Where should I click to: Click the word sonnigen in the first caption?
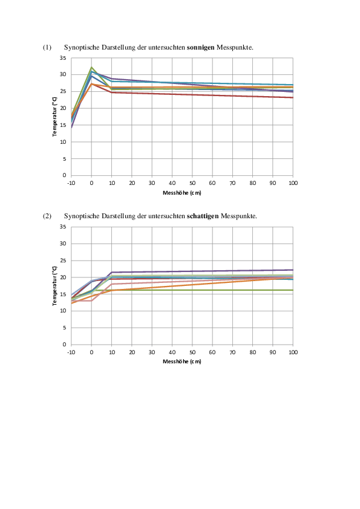pyautogui.click(x=200, y=48)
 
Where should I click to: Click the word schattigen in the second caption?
pyautogui.click(x=203, y=216)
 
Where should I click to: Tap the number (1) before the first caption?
pyautogui.click(x=47, y=47)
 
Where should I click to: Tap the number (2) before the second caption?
pyautogui.click(x=47, y=216)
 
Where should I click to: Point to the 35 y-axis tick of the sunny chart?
pyautogui.click(x=63, y=58)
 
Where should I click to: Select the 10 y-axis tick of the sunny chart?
pyautogui.click(x=63, y=142)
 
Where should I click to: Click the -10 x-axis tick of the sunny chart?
pyautogui.click(x=71, y=183)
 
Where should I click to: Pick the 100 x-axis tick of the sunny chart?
pyautogui.click(x=293, y=183)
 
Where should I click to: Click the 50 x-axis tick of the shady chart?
pyautogui.click(x=192, y=352)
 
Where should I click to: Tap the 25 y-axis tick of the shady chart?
pyautogui.click(x=63, y=261)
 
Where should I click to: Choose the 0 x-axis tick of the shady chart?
pyautogui.click(x=91, y=352)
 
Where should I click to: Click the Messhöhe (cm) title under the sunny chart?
pyautogui.click(x=182, y=193)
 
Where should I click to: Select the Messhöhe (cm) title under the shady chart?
pyautogui.click(x=182, y=361)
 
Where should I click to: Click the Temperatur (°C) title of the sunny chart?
pyautogui.click(x=54, y=117)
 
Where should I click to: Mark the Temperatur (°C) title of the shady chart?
pyautogui.click(x=54, y=286)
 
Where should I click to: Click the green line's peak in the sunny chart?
pyautogui.click(x=91, y=67)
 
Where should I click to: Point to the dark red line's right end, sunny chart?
pyautogui.click(x=293, y=97)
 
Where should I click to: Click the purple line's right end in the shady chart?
pyautogui.click(x=293, y=270)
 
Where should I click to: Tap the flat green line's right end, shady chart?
pyautogui.click(x=293, y=290)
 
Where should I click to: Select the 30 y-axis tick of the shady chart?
pyautogui.click(x=63, y=244)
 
